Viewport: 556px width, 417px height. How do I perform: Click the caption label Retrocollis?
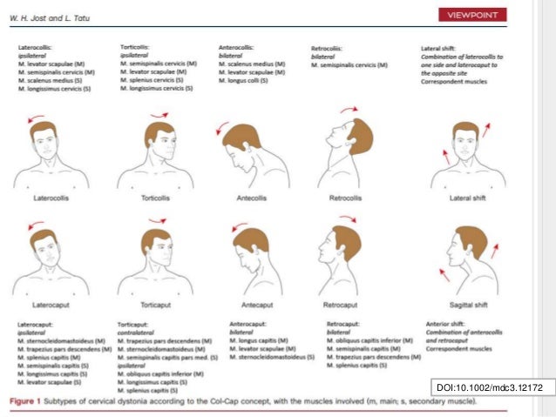346,198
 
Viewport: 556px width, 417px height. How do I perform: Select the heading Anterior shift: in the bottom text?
444,323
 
